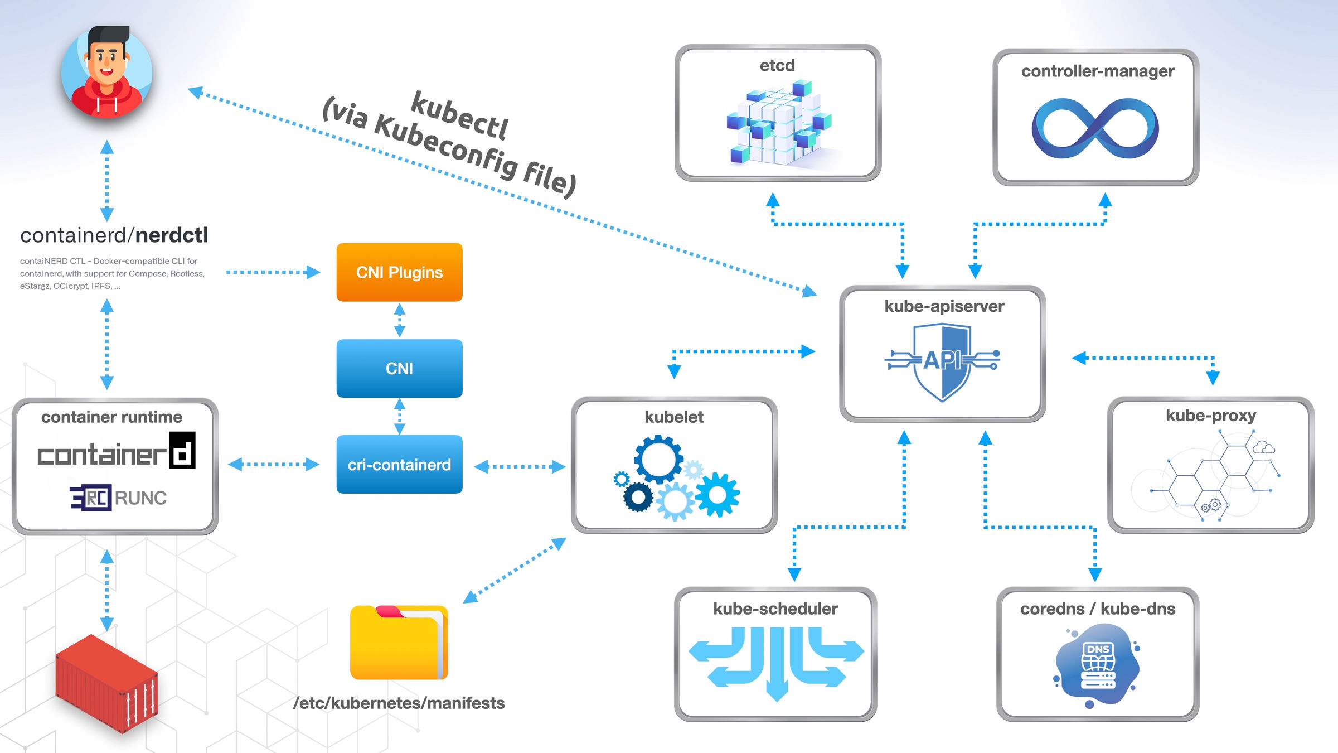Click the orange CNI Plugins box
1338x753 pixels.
(x=399, y=272)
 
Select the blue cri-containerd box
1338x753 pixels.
(x=399, y=464)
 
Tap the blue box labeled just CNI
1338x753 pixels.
(x=399, y=368)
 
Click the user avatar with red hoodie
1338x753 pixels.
(x=106, y=73)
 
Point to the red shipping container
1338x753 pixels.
(x=106, y=683)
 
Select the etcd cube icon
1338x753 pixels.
(x=778, y=123)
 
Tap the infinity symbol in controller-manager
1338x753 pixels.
(x=1095, y=128)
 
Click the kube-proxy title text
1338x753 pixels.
(x=1210, y=416)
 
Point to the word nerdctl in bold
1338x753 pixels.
(x=171, y=235)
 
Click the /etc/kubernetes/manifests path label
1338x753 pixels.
(x=399, y=703)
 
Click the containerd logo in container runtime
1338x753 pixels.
(x=116, y=452)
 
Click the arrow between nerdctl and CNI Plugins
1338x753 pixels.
(x=273, y=272)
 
